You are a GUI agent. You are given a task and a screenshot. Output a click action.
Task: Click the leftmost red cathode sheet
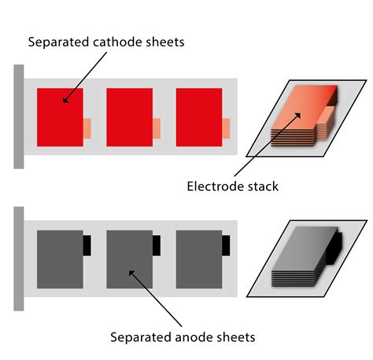pos(60,117)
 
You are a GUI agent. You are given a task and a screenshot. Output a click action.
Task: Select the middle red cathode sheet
pos(129,117)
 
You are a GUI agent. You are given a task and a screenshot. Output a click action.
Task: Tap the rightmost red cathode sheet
pos(198,117)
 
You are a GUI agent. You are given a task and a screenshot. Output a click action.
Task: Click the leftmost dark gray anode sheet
pos(60,259)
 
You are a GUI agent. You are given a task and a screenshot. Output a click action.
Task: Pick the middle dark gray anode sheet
pos(129,259)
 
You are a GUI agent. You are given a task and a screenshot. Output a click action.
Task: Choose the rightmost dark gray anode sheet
pos(198,259)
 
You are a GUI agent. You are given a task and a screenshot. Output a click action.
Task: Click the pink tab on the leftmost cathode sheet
pos(87,128)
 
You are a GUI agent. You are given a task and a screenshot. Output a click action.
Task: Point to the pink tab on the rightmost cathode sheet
pos(226,128)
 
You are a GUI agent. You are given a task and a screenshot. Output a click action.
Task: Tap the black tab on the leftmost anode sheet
pos(87,245)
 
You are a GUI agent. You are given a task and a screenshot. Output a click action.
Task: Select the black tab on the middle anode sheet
pos(157,245)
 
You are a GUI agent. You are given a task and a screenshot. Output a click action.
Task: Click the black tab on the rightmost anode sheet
pos(226,245)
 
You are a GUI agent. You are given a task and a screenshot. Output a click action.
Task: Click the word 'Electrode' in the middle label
pos(214,186)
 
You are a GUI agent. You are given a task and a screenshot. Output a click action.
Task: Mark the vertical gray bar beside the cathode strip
pos(18,116)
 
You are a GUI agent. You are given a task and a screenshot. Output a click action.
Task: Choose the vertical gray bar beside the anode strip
pos(18,258)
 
